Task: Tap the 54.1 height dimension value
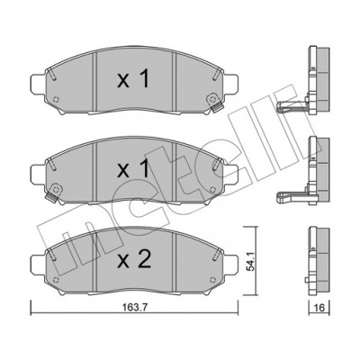251,261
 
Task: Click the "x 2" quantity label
134,259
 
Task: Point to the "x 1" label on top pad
133,79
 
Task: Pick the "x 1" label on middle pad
133,169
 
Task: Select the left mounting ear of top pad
38,84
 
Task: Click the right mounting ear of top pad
231,84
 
